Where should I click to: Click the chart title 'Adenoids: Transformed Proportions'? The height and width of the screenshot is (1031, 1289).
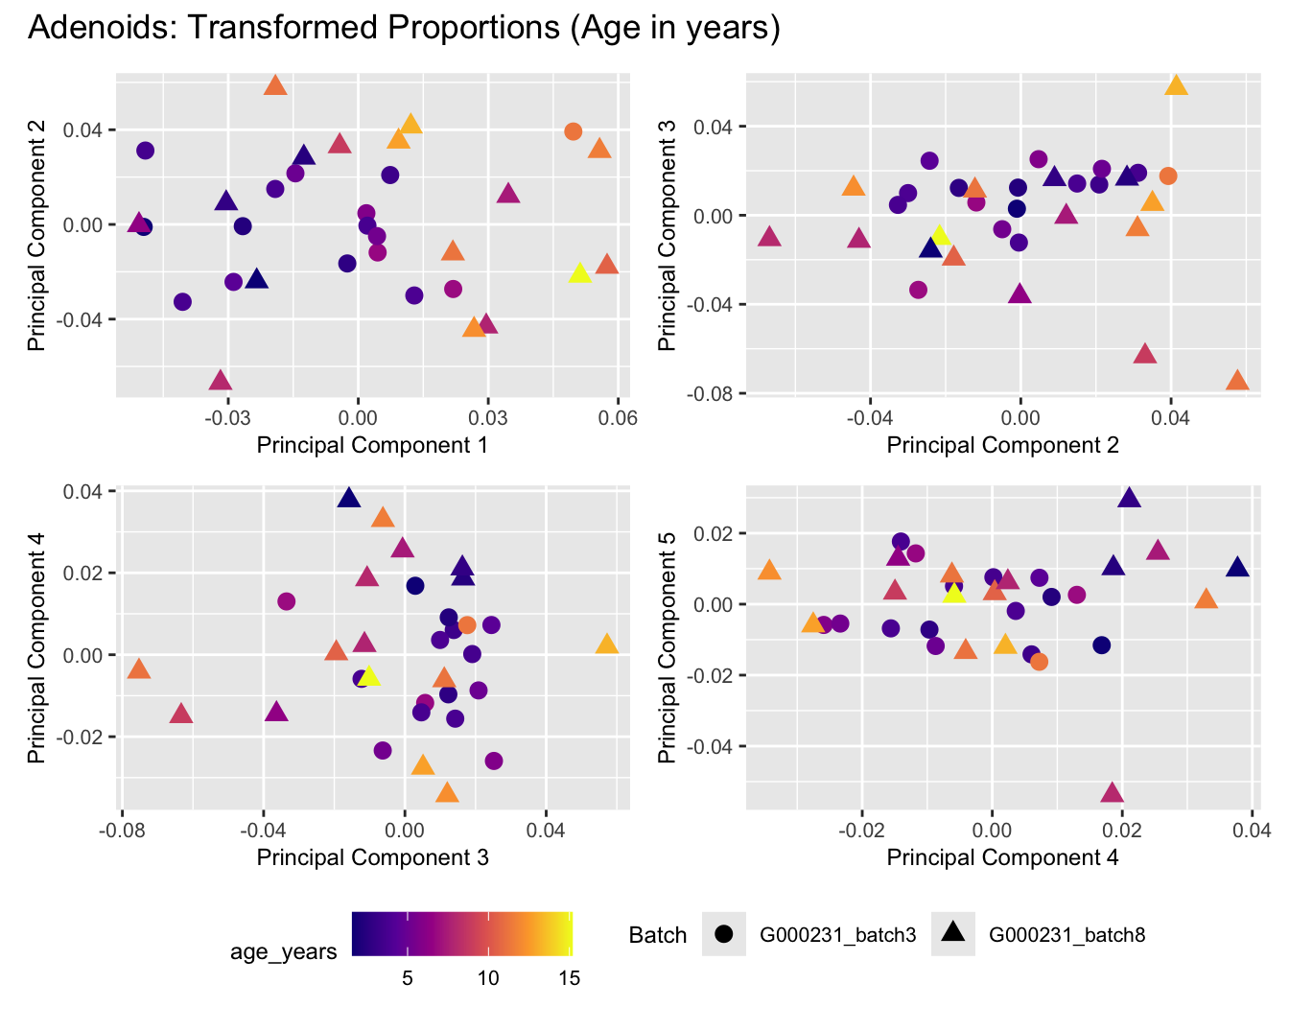[403, 27]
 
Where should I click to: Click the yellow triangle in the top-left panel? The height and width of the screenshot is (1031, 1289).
[579, 273]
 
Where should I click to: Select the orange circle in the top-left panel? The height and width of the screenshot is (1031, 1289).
[573, 131]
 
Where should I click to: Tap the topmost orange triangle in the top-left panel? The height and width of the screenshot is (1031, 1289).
[275, 86]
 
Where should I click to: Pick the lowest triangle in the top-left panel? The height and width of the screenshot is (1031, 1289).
[221, 381]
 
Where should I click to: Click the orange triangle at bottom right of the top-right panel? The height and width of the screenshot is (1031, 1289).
[1237, 382]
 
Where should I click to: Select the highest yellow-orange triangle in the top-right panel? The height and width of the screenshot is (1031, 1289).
[1176, 86]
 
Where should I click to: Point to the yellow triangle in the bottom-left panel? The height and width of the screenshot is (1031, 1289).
[369, 677]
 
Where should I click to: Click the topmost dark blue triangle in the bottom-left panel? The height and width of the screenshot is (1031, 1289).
[348, 498]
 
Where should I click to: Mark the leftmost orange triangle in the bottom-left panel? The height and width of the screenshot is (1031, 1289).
[139, 669]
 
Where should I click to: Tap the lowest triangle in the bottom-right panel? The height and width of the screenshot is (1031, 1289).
[1112, 793]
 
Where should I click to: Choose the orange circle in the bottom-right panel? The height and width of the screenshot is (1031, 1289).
[1039, 662]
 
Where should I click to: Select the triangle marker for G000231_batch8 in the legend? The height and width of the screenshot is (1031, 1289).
[952, 933]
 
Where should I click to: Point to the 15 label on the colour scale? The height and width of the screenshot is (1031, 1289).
[568, 978]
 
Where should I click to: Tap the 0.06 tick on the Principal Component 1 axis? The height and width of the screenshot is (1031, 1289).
[618, 418]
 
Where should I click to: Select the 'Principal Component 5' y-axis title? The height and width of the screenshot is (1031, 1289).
[668, 647]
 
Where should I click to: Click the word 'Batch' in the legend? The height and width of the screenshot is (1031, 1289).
[658, 935]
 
